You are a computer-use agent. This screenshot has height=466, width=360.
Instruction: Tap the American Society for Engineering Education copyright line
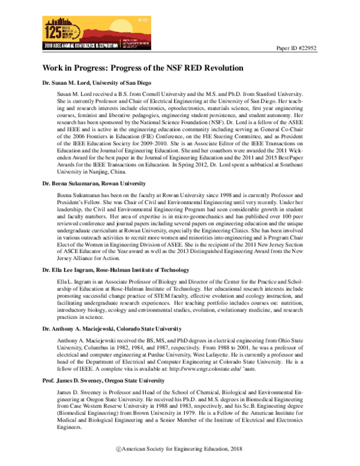180,450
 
